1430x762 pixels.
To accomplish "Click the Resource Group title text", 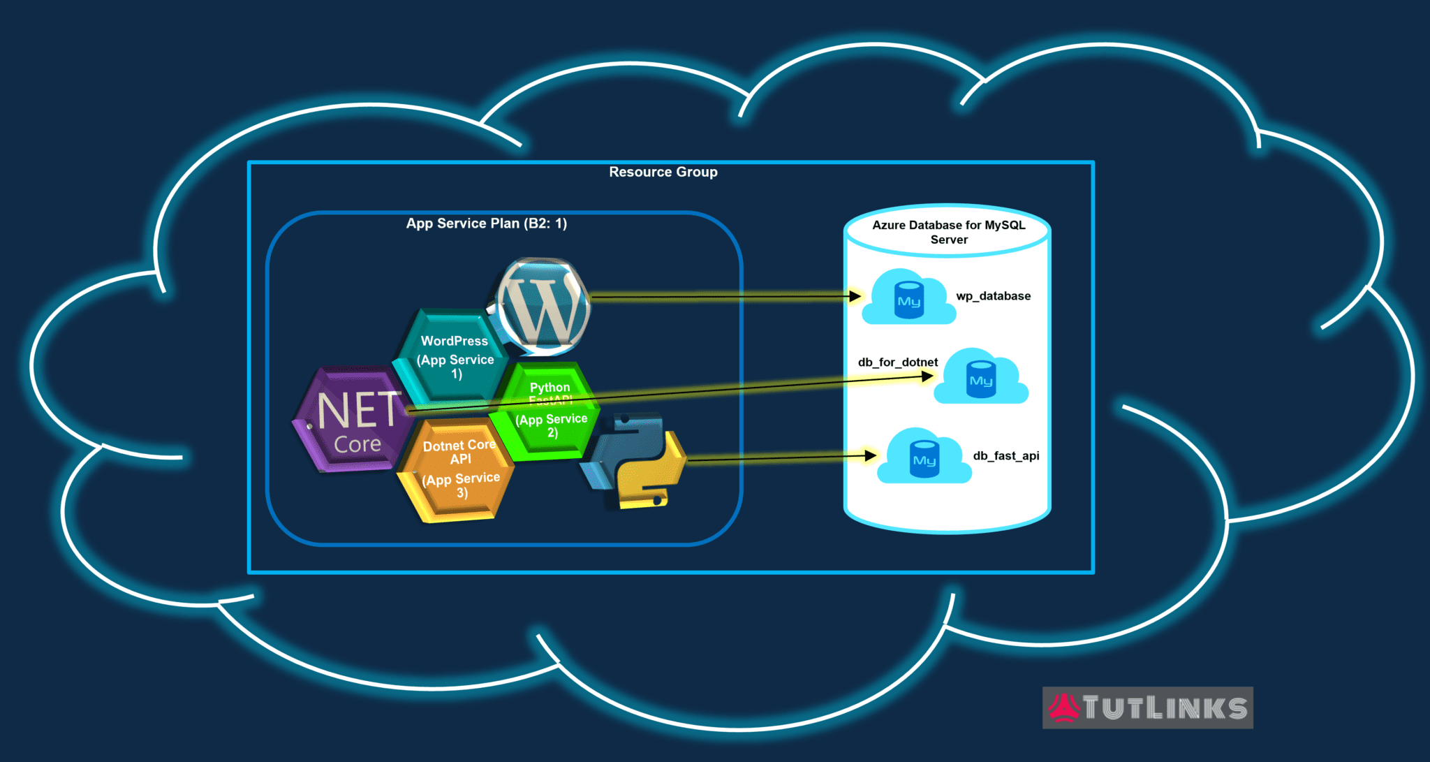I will click(663, 172).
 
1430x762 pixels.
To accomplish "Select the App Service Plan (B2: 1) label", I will click(486, 224).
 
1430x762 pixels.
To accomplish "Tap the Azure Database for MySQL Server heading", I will click(948, 232).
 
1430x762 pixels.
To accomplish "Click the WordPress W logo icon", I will click(543, 305).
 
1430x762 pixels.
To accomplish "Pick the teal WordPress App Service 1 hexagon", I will click(455, 357).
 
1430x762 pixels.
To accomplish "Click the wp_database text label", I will click(993, 296).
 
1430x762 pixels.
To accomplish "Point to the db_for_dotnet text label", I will click(897, 362).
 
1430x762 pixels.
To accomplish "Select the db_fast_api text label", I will click(1005, 456).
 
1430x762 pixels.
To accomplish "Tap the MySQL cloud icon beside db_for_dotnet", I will click(980, 379).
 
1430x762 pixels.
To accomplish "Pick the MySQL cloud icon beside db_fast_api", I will click(924, 458).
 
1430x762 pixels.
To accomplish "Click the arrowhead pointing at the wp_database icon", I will click(855, 296).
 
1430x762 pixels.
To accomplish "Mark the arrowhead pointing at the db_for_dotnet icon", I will click(927, 376).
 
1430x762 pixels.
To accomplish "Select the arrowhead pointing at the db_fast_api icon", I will click(871, 456).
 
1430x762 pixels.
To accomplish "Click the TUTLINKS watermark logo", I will click(1147, 708).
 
